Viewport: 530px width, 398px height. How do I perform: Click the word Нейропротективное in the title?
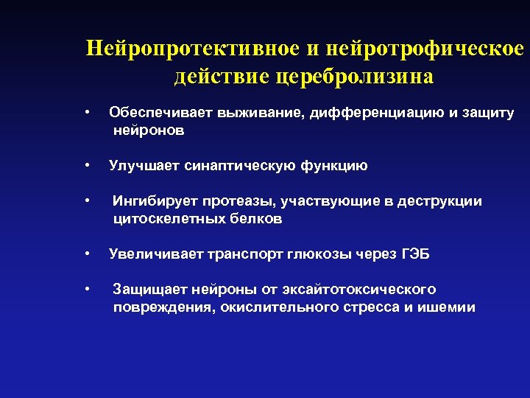[x=193, y=49]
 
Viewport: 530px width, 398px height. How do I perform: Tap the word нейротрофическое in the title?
[x=424, y=49]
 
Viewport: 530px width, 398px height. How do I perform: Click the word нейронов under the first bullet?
[x=149, y=130]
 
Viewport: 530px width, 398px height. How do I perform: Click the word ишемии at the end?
[x=449, y=307]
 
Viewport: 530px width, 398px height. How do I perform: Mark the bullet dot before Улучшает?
[x=88, y=165]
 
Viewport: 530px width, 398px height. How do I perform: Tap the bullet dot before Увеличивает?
[x=88, y=254]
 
